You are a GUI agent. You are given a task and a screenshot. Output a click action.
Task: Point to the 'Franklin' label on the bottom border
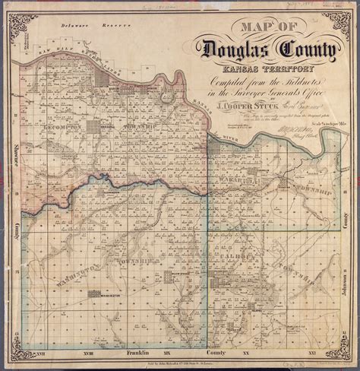pyautogui.click(x=137, y=354)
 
